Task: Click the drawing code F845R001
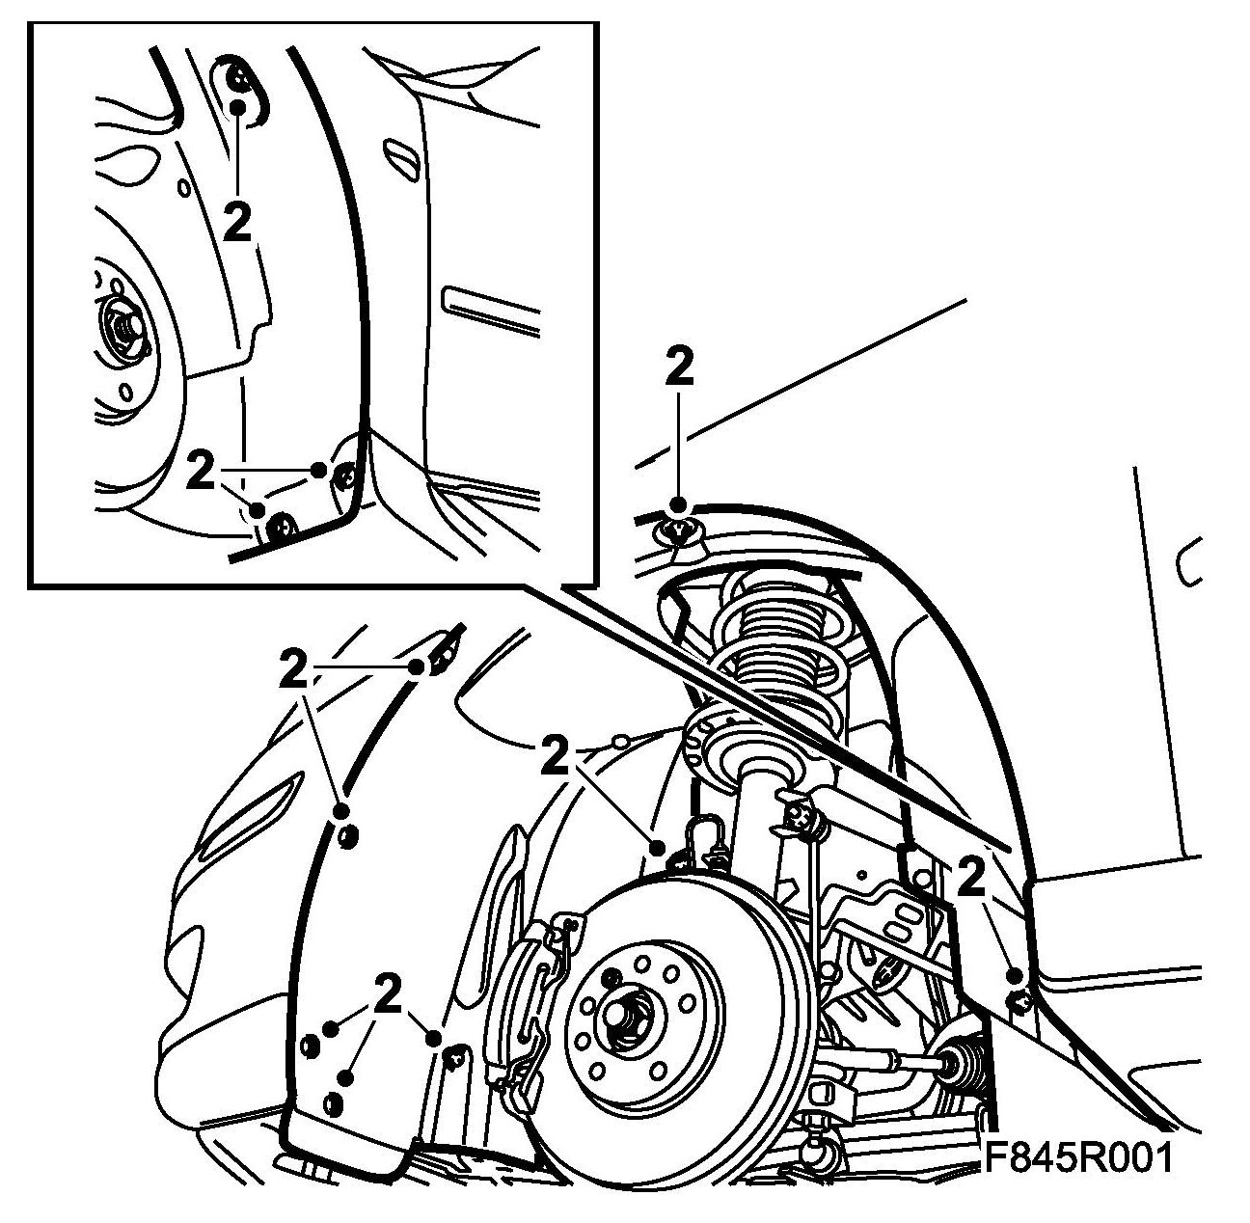click(1077, 1157)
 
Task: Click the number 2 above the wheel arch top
click(679, 368)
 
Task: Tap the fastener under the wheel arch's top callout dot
click(677, 529)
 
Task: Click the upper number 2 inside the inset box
click(236, 224)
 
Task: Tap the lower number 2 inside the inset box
click(201, 471)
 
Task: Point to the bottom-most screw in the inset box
click(283, 526)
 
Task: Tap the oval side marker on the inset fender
click(399, 154)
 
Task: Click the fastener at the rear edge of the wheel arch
click(1019, 1001)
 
